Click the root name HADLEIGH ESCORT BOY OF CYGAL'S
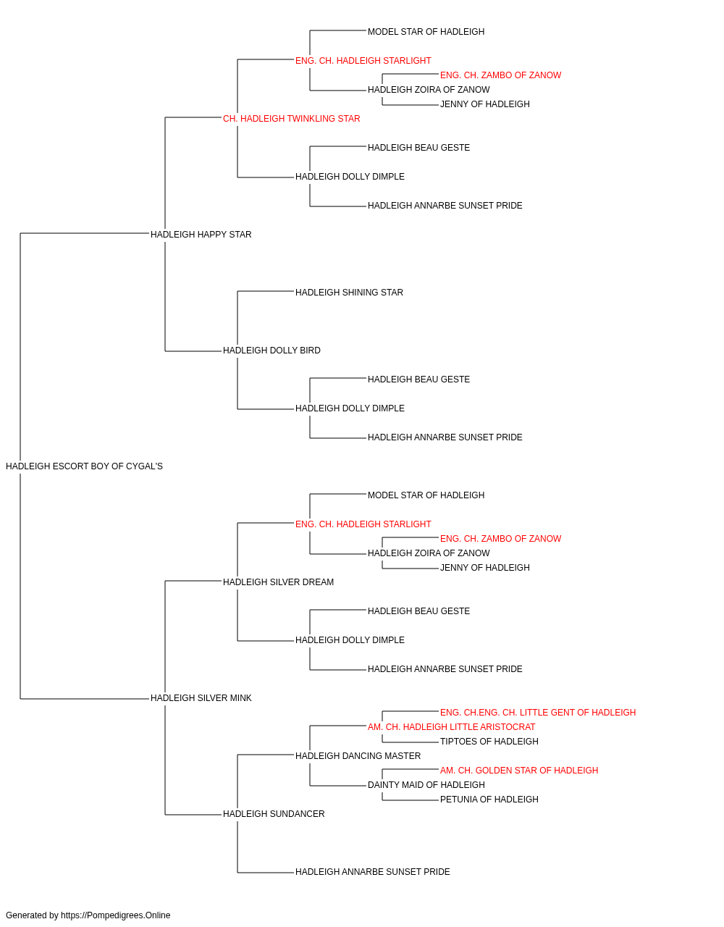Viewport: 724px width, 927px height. tap(84, 466)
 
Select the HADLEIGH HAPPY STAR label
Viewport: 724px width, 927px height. tap(201, 235)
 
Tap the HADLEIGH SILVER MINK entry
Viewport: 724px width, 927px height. tap(201, 698)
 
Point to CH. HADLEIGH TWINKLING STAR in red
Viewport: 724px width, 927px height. tap(291, 119)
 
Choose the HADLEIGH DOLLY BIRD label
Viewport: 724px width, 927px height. tap(271, 351)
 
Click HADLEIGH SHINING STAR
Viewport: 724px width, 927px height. tap(349, 293)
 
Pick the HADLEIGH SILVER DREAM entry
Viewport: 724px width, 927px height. tap(278, 582)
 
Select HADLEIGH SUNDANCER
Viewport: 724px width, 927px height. tap(274, 814)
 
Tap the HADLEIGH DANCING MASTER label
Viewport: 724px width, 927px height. tap(358, 756)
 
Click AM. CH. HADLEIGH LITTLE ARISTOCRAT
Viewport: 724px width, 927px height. tap(451, 727)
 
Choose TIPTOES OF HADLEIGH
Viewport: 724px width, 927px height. tap(489, 742)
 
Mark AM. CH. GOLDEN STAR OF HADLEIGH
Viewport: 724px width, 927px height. tap(519, 771)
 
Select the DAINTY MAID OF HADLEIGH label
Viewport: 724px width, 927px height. tap(426, 785)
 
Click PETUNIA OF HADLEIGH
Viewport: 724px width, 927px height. tap(489, 800)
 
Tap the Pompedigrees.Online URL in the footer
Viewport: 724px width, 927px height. tap(116, 915)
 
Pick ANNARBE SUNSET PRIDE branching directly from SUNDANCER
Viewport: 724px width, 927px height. tap(373, 872)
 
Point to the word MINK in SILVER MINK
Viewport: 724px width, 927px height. tap(240, 698)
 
